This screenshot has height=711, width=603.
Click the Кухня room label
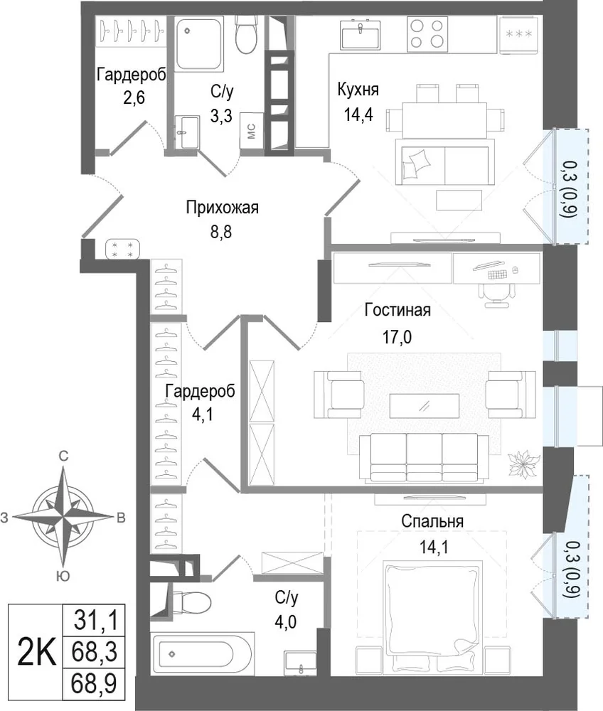[358, 90]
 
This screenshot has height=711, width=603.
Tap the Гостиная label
[397, 311]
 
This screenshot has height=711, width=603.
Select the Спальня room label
[432, 521]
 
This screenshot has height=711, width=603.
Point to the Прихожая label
[222, 208]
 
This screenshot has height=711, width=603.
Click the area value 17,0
[397, 337]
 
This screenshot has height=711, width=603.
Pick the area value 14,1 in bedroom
[434, 547]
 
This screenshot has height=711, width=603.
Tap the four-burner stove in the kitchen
[427, 34]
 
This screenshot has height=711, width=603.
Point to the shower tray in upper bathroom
[199, 44]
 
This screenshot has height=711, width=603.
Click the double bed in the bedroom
[432, 616]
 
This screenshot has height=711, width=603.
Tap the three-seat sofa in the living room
[424, 457]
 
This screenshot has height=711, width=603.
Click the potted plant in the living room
[523, 464]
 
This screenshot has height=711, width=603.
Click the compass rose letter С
[64, 456]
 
